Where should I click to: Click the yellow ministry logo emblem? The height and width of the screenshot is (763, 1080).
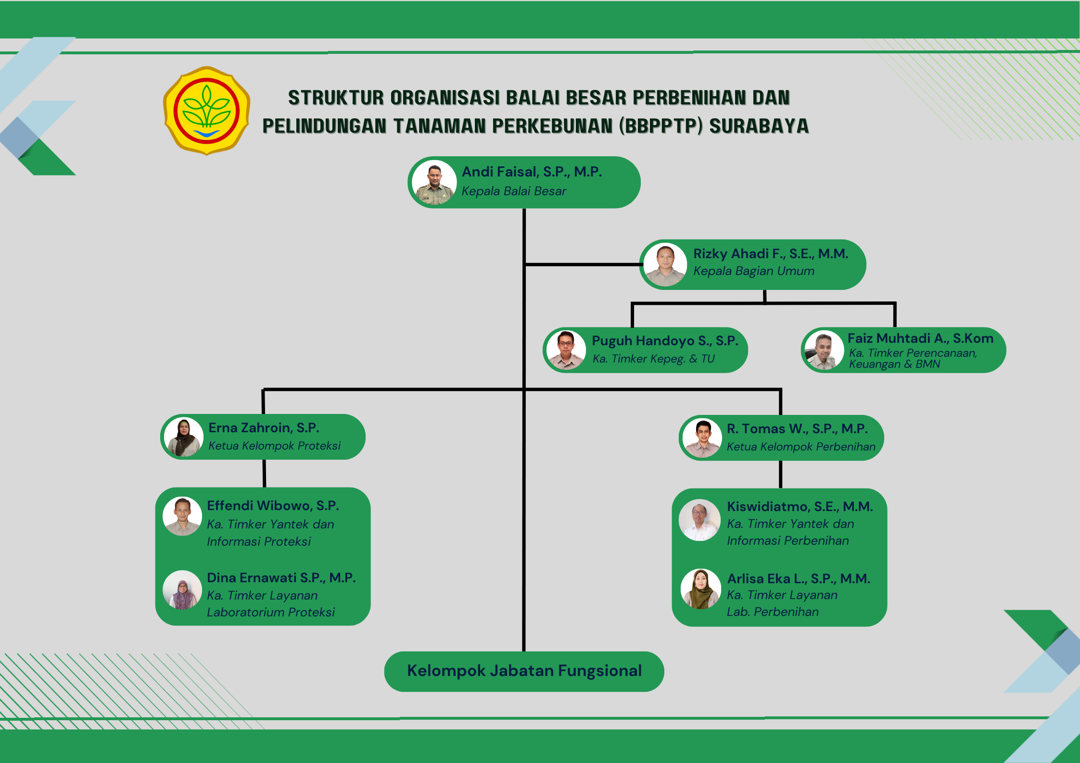pos(206,111)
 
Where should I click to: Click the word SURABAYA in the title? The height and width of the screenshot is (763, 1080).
pos(759,126)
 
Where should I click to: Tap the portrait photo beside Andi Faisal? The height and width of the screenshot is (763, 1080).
pos(434,183)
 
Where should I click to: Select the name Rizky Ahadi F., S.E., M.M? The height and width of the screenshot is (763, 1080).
pos(770,254)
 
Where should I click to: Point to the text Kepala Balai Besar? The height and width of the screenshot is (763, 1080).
pos(514,191)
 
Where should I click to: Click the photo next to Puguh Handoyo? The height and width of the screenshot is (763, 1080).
pos(566,350)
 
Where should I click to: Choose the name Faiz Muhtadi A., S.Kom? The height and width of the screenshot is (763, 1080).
pos(920,338)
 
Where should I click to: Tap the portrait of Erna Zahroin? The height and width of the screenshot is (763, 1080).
pos(183,437)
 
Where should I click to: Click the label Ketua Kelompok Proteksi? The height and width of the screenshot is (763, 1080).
pos(274,446)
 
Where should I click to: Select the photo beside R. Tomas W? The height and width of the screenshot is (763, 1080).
pos(702,438)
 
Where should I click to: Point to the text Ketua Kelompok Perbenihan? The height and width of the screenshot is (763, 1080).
pos(801,447)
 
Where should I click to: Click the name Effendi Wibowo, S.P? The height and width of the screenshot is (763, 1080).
pos(273,506)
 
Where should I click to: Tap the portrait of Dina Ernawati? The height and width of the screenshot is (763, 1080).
pos(182,590)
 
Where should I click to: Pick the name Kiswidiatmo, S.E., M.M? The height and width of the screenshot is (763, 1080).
pos(800,507)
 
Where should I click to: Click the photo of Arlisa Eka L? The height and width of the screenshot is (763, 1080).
pos(700,589)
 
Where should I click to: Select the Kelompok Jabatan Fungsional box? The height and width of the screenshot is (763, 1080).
pos(524,671)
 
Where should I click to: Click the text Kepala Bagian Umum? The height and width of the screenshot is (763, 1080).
pos(753,271)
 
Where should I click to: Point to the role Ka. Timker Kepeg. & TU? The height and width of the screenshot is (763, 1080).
pos(653,359)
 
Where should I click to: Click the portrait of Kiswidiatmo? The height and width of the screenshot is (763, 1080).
pos(699,520)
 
